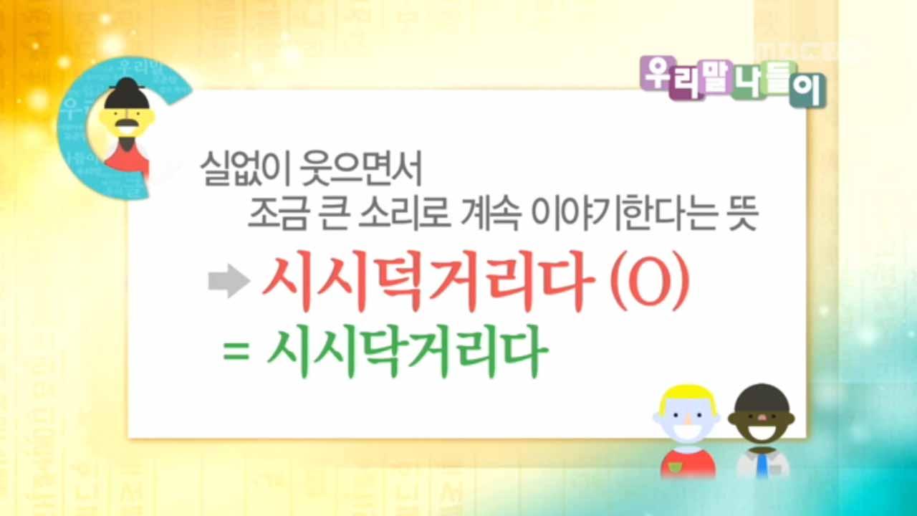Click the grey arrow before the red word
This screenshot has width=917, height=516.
click(228, 282)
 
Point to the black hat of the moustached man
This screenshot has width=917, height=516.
click(128, 94)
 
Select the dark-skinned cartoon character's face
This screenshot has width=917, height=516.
click(759, 424)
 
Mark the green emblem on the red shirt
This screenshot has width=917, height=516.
click(673, 469)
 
